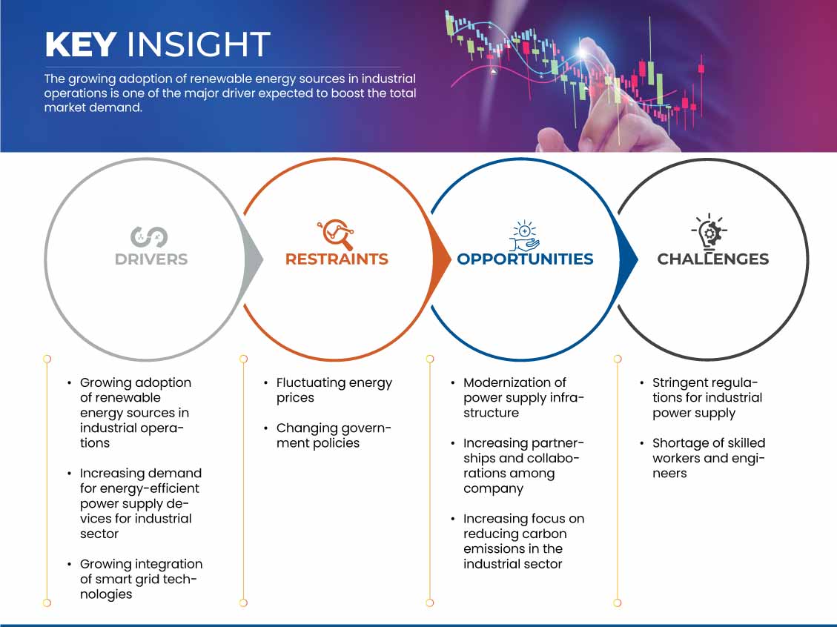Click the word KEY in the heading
click(x=81, y=44)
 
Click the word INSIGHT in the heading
click(x=199, y=44)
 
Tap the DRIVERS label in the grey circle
click(x=151, y=259)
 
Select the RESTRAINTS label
click(x=337, y=259)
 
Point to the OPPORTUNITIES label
click(x=526, y=259)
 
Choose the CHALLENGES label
click(x=713, y=259)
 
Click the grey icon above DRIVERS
click(x=149, y=237)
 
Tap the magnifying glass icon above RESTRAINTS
click(x=336, y=233)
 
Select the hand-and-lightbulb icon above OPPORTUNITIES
click(x=524, y=236)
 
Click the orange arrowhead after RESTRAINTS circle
click(x=441, y=260)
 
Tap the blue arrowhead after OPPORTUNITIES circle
click(x=628, y=260)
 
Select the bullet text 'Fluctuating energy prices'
click(x=334, y=390)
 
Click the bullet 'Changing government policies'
click(x=334, y=436)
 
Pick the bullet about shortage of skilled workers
click(x=709, y=458)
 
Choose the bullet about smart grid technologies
click(x=141, y=579)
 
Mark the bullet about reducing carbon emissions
click(x=523, y=541)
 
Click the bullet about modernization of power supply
click(x=523, y=397)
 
